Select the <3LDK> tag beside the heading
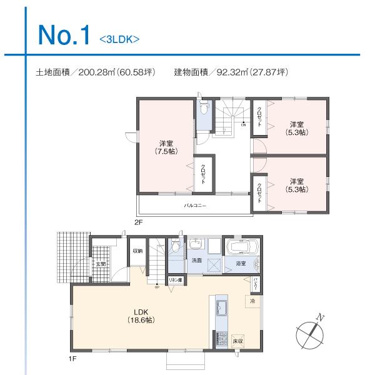pyautogui.click(x=119, y=39)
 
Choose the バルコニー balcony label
pyautogui.click(x=194, y=205)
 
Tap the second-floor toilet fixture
pyautogui.click(x=204, y=110)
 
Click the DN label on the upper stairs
pyautogui.click(x=243, y=124)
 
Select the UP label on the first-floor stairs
pyautogui.click(x=156, y=287)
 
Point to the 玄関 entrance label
pyautogui.click(x=101, y=264)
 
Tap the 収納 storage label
pyautogui.click(x=137, y=251)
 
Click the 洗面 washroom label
pyautogui.click(x=196, y=260)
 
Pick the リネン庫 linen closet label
pyautogui.click(x=176, y=281)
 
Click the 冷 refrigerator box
pyautogui.click(x=252, y=301)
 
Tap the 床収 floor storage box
pyautogui.click(x=237, y=341)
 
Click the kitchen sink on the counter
pyautogui.click(x=222, y=308)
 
